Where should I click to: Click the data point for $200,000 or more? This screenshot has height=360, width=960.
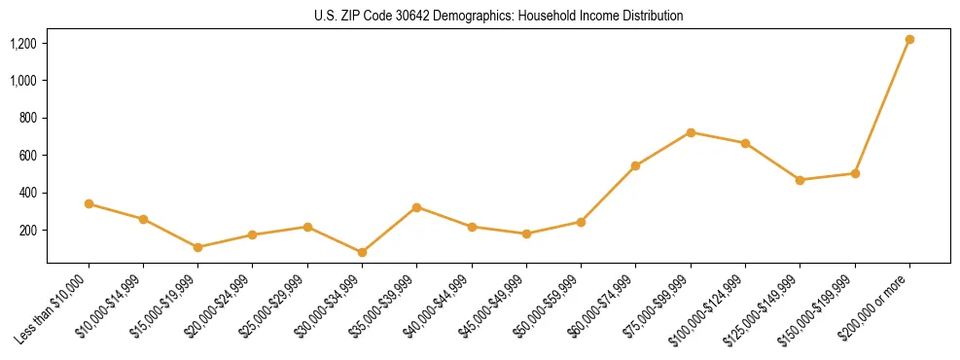(909, 39)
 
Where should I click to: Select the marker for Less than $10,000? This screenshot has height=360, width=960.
(89, 203)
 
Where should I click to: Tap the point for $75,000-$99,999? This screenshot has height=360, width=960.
(691, 132)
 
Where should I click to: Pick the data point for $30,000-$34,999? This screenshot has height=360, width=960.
(362, 252)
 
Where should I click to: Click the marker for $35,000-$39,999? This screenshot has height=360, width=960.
(416, 207)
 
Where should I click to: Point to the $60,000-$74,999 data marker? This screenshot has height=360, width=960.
(635, 165)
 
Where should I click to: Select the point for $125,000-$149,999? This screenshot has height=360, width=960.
(800, 180)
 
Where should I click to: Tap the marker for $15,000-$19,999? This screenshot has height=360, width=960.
(197, 247)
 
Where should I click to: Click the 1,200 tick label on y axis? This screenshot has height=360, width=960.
(23, 43)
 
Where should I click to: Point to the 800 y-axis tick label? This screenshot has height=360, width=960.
(28, 118)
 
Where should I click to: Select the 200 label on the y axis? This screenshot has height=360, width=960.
(28, 231)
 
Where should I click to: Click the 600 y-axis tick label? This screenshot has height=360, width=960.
(28, 156)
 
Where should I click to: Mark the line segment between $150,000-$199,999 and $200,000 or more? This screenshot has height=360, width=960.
(882, 106)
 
